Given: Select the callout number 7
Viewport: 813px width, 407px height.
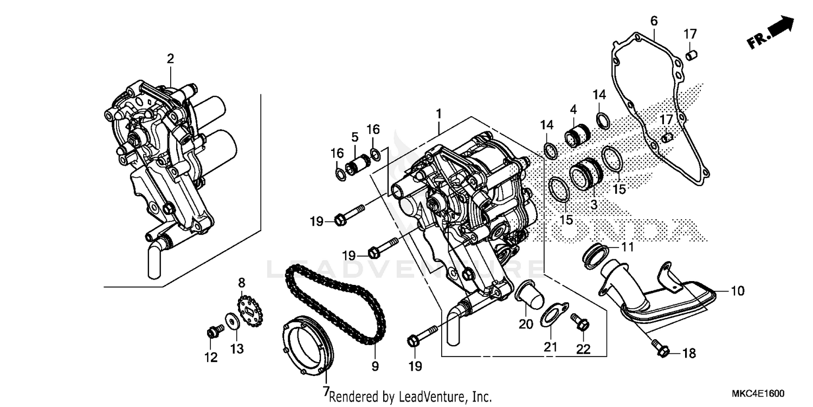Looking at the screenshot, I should tap(326, 390).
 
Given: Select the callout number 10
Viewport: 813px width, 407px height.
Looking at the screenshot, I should tap(737, 291).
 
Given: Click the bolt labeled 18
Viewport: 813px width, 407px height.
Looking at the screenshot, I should tap(660, 349).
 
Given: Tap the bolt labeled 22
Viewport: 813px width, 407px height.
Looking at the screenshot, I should tap(580, 324).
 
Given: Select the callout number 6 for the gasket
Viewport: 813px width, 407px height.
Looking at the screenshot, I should tap(654, 21).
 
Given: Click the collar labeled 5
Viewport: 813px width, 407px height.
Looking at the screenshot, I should tap(358, 162).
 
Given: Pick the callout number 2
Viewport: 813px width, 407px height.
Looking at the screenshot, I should tap(170, 59).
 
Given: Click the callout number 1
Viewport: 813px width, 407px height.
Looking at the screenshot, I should tap(438, 114).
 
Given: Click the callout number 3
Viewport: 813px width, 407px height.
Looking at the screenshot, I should tap(593, 205).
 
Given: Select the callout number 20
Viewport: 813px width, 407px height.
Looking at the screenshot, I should tap(526, 323).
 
